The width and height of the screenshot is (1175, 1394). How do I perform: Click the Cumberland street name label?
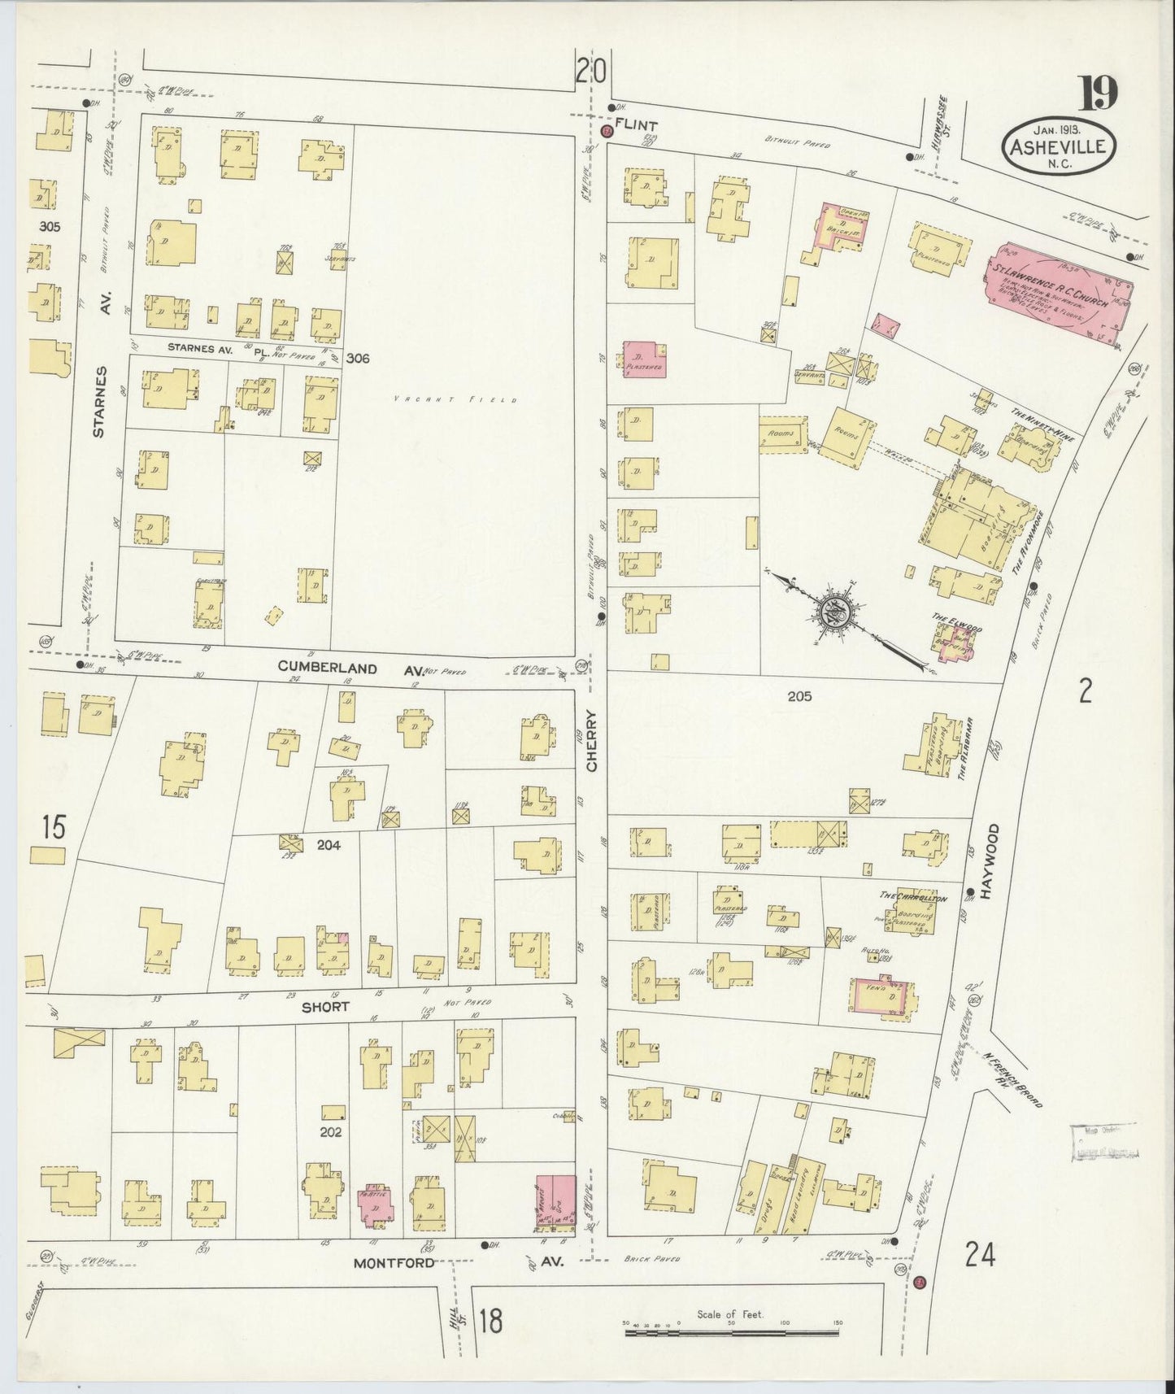click(328, 668)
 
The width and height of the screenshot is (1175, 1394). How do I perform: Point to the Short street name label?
click(325, 1007)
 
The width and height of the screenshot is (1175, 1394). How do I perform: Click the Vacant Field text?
click(455, 399)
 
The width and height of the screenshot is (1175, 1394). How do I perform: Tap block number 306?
click(358, 358)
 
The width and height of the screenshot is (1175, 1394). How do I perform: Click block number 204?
click(329, 845)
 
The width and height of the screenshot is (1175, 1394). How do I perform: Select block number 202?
click(331, 1131)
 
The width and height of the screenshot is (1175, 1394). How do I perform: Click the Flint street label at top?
click(637, 125)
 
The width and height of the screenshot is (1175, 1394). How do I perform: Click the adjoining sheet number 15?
click(54, 828)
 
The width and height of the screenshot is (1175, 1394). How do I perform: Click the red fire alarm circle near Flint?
click(605, 132)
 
